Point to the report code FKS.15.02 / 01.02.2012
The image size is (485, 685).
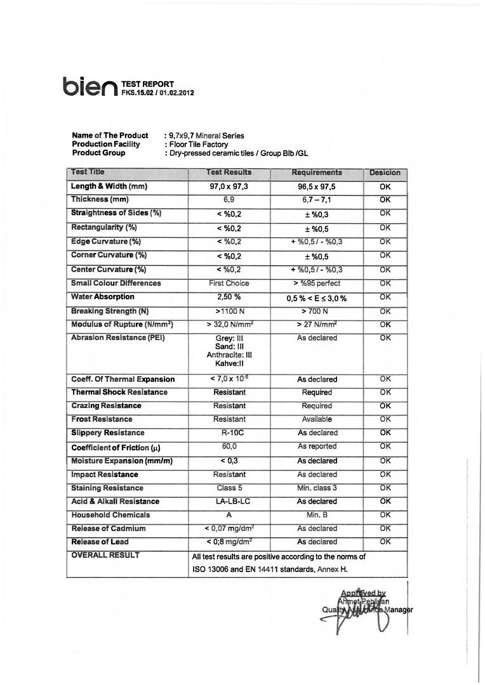[157, 93]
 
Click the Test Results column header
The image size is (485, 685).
[229, 173]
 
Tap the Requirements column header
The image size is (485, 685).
[316, 173]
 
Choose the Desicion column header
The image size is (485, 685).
[385, 173]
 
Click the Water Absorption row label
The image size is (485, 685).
[103, 297]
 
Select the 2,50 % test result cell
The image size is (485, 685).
[229, 297]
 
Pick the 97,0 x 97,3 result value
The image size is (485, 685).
[229, 187]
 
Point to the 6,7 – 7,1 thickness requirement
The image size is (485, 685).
[316, 200]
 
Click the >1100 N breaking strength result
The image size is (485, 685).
[229, 311]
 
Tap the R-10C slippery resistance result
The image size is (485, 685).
[229, 433]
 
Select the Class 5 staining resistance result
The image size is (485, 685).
[229, 488]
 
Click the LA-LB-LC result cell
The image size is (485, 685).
[229, 502]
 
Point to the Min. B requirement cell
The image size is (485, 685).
[316, 515]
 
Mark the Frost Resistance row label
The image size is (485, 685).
[102, 419]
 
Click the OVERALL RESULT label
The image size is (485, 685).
[105, 555]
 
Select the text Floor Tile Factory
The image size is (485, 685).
[198, 145]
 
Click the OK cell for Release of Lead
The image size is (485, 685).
[385, 542]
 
